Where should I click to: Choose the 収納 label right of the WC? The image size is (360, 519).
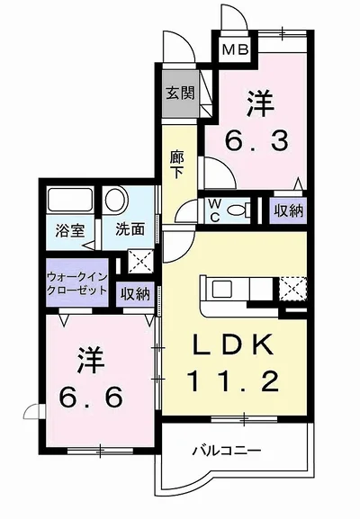pyautogui.click(x=288, y=210)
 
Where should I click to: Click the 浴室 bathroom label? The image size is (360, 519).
pyautogui.click(x=69, y=229)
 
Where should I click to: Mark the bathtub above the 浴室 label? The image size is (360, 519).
pyautogui.click(x=67, y=201)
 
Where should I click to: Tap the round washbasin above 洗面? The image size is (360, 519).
pyautogui.click(x=116, y=200)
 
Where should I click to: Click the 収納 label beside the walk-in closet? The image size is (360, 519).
pyautogui.click(x=135, y=293)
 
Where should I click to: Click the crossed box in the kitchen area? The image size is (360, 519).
pyautogui.click(x=292, y=290)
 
